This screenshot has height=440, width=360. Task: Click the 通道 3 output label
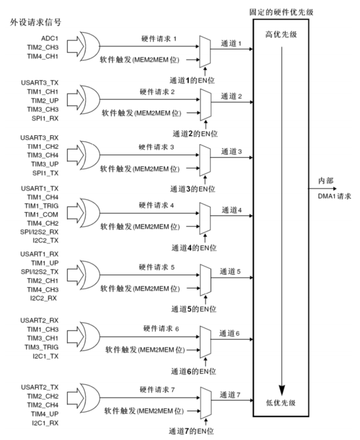pos(232,151)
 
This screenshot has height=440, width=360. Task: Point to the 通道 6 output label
pos(232,334)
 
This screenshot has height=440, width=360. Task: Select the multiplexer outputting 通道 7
pos(205,398)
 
